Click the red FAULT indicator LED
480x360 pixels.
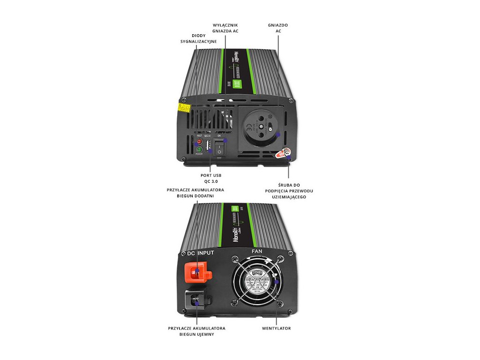tap(199, 141)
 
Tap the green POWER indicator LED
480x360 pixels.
tap(199, 150)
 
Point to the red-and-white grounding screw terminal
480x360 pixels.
tap(284, 153)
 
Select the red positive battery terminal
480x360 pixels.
tap(197, 269)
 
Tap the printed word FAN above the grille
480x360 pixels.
tap(257, 251)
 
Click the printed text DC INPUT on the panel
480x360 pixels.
tap(201, 253)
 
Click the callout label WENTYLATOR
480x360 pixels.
tap(276, 328)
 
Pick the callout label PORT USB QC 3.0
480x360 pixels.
tap(211, 178)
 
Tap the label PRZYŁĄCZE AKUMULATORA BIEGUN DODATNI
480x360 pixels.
tap(195, 193)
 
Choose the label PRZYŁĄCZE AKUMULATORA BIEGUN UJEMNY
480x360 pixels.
tap(197, 331)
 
